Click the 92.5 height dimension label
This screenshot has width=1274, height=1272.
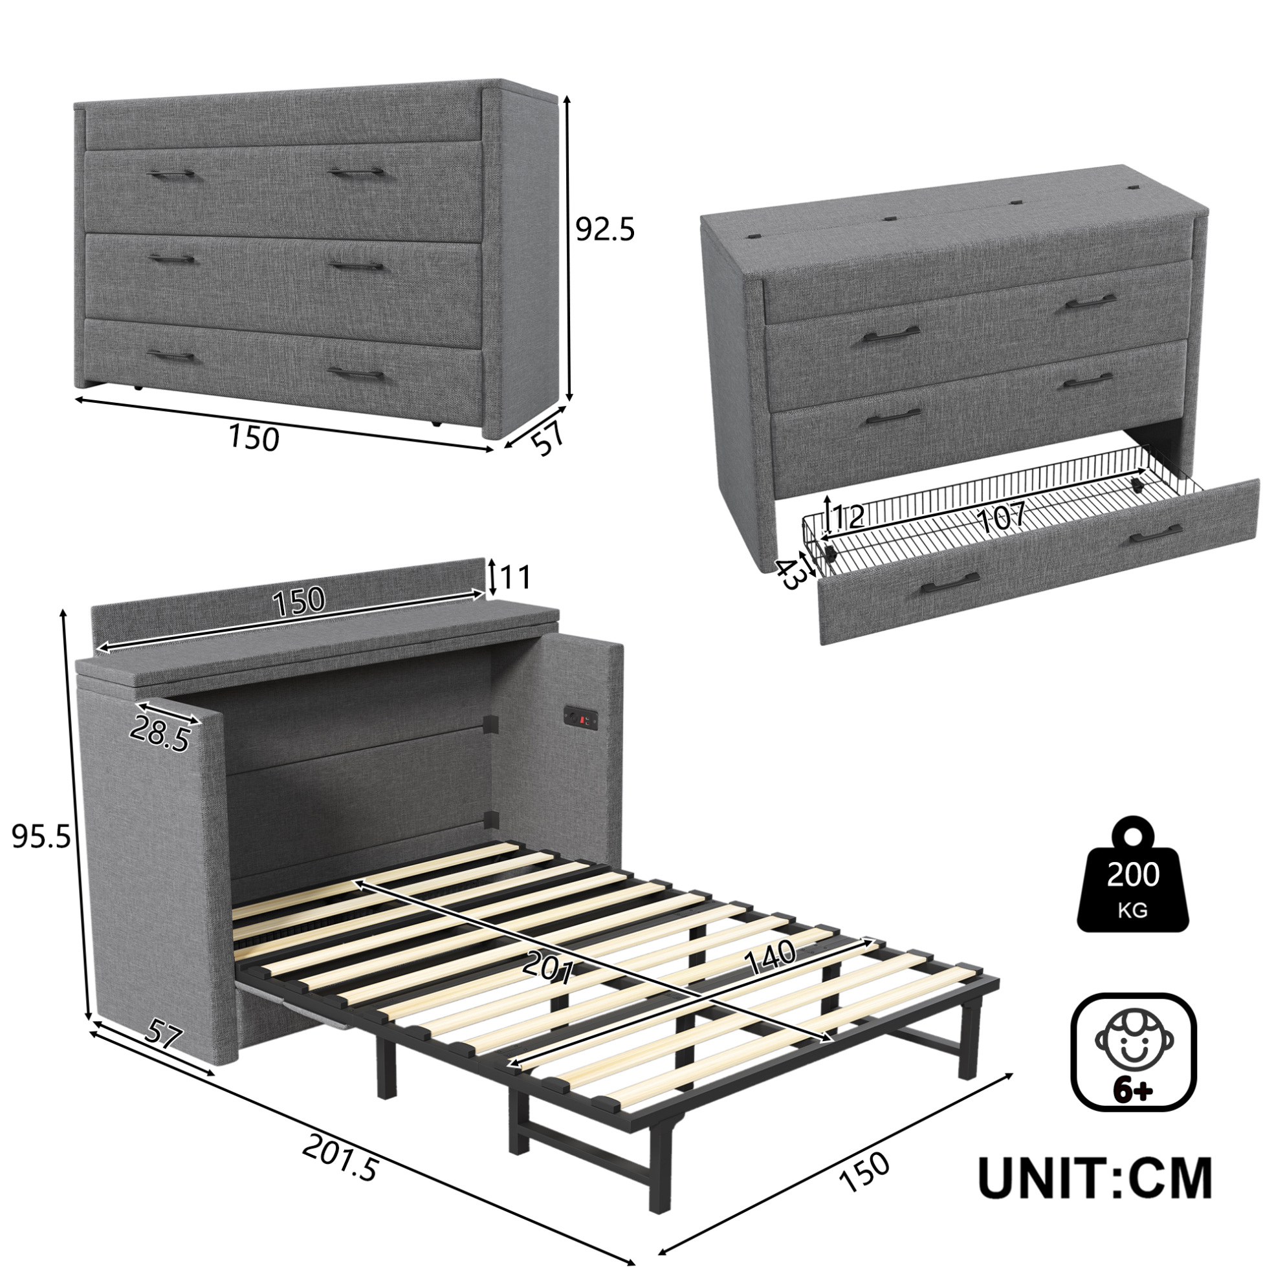[605, 230]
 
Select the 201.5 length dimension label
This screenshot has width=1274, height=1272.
[341, 1159]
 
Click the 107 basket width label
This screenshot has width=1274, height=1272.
[1000, 517]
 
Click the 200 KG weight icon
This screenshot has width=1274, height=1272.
[1132, 875]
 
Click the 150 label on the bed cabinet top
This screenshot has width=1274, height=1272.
[300, 599]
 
